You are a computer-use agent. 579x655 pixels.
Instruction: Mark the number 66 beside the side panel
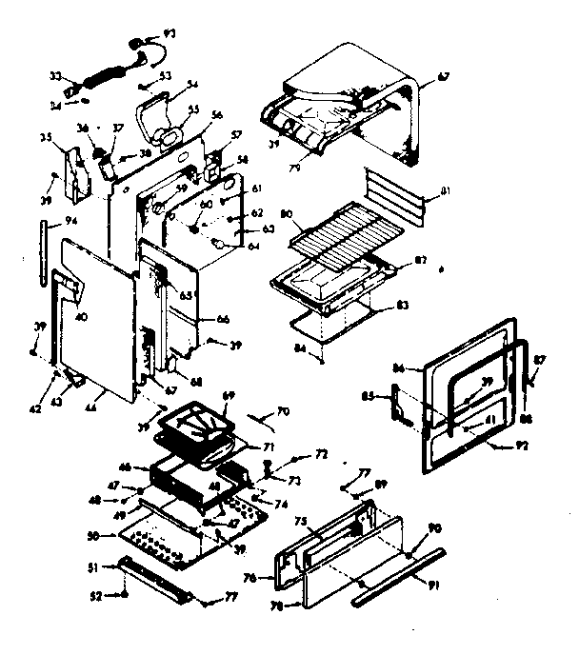(x=223, y=319)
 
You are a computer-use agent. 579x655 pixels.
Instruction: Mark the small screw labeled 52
(x=124, y=597)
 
